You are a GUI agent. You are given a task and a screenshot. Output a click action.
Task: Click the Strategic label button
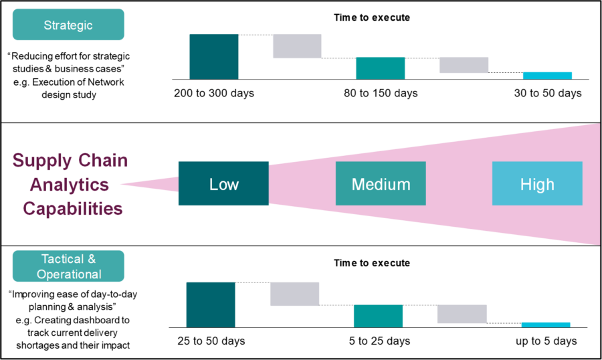tap(68, 25)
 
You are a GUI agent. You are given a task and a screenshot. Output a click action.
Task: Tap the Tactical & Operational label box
tap(68, 266)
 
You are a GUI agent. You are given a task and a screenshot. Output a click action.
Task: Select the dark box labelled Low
tap(223, 183)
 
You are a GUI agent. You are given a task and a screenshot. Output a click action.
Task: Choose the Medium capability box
tap(380, 183)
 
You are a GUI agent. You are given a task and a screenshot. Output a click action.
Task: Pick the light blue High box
tap(537, 183)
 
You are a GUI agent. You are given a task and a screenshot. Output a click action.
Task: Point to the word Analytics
tap(70, 184)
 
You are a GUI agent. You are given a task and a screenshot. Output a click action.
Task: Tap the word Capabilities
tap(73, 208)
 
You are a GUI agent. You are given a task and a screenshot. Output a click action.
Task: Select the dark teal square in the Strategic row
tap(214, 56)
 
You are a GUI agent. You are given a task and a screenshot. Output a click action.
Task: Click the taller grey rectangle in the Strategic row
tap(297, 46)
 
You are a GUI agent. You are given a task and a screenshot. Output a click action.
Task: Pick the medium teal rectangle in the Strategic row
tap(380, 68)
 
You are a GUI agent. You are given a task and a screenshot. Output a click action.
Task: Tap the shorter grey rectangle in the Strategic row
tap(464, 65)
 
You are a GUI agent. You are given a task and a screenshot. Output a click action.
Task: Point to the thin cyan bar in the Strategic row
tap(547, 76)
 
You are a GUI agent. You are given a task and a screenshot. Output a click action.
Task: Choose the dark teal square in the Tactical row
tap(211, 304)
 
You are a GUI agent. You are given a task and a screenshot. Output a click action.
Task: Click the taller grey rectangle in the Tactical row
tap(294, 294)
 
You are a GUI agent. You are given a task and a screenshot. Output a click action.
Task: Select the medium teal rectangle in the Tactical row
tap(378, 316)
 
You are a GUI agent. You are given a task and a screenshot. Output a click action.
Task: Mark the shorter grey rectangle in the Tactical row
tap(462, 314)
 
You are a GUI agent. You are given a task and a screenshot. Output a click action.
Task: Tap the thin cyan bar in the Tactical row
tap(546, 325)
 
